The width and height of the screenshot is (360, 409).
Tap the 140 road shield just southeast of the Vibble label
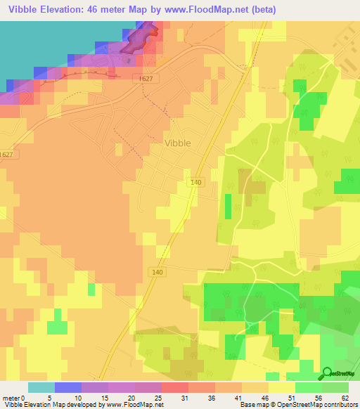pyautogui.click(x=197, y=182)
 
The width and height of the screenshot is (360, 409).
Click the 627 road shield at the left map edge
pyautogui.click(x=7, y=155)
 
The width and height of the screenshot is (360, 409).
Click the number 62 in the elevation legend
pyautogui.click(x=345, y=398)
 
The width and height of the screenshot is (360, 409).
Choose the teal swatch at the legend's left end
pyautogui.click(x=41, y=387)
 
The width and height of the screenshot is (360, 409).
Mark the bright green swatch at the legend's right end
pyautogui.click(x=335, y=387)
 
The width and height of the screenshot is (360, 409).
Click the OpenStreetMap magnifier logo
pyautogui.click(x=327, y=374)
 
